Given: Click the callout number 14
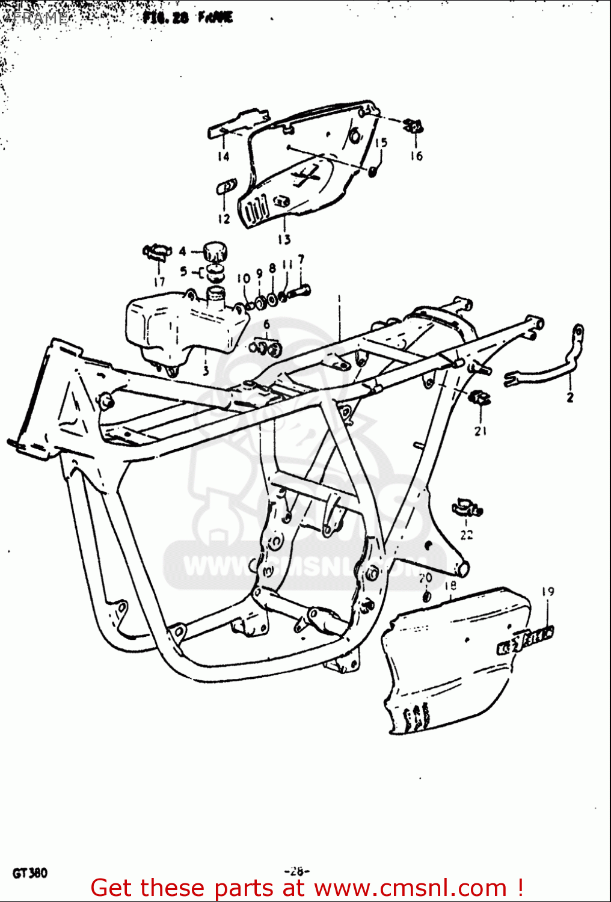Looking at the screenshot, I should tap(223, 157).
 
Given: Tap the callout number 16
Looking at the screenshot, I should tap(416, 156).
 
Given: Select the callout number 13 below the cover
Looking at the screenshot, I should tap(284, 239).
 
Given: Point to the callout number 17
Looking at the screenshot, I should tap(159, 281).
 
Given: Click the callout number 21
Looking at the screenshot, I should tap(480, 431).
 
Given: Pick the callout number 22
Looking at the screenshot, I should tap(467, 535).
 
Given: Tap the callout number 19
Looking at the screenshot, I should tap(547, 592).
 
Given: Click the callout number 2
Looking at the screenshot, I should tap(570, 397).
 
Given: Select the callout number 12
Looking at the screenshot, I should tap(224, 219).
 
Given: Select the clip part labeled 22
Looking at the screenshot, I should tap(467, 508).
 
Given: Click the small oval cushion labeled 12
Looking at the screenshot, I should tap(223, 188).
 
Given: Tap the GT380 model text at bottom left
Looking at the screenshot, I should tap(29, 873).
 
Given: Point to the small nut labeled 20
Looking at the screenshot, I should tap(426, 596).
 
